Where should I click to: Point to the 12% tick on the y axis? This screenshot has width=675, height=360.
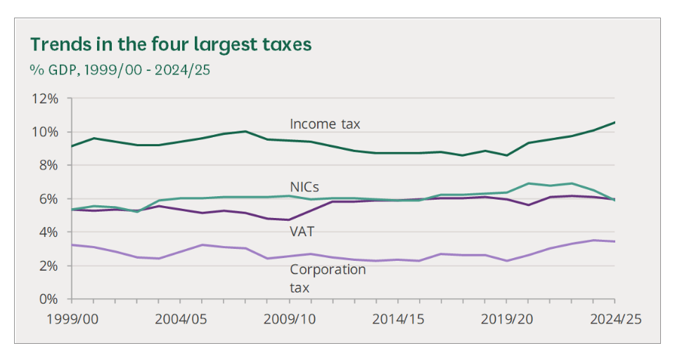[44, 98]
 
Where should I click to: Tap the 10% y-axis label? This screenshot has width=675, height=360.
[44, 132]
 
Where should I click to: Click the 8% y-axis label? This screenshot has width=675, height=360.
[47, 165]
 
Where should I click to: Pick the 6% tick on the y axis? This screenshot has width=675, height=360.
[47, 199]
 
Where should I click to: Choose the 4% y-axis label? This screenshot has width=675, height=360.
[47, 232]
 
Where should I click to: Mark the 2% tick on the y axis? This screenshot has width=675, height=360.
[47, 266]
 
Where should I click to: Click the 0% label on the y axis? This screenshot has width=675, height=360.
[47, 299]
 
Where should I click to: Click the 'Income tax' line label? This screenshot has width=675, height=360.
[325, 124]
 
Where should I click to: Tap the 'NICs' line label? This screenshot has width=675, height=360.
[304, 188]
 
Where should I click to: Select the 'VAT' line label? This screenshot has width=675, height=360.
[302, 230]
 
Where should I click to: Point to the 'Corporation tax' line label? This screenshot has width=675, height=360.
[328, 278]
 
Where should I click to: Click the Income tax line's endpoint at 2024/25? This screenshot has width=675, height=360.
[615, 122]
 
